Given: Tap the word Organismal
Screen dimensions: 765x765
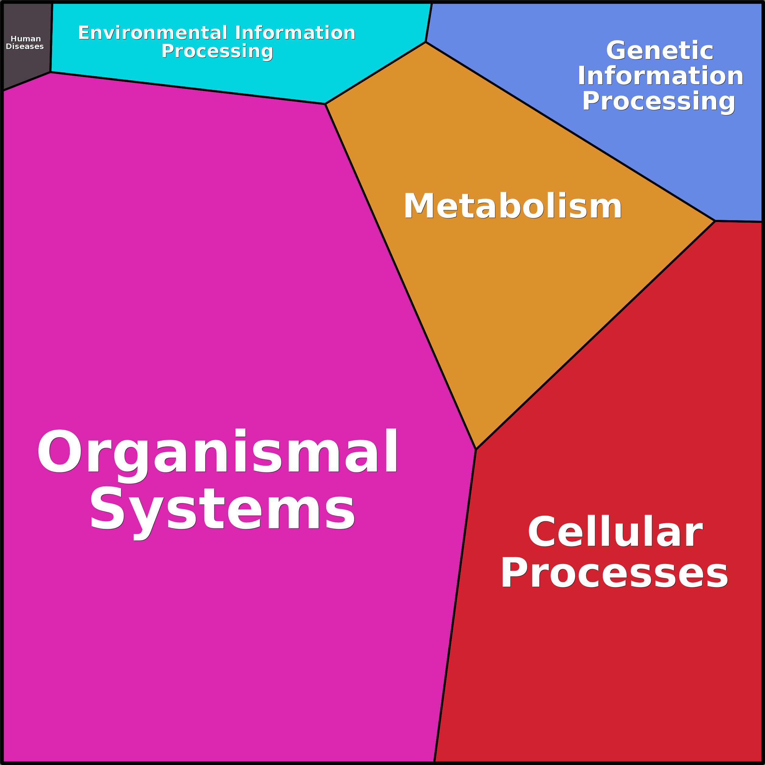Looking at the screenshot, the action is coord(217,455).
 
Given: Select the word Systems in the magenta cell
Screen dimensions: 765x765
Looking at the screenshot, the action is coord(222,513).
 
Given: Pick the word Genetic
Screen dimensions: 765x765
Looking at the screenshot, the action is coord(660,50).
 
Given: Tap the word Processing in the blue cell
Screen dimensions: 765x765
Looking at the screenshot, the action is coord(658,101).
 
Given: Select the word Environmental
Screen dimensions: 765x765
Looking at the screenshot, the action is coord(153,33).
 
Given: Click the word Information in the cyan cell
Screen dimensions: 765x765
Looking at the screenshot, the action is coord(295,33).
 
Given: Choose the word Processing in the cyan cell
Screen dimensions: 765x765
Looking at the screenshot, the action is coord(217,51).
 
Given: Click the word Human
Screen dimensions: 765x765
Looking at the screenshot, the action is coord(25,39).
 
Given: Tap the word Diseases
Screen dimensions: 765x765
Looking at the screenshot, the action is coord(25,46).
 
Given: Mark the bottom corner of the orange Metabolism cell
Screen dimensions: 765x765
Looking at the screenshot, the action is coord(476,450).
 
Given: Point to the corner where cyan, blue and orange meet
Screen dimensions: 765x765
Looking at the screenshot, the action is coord(425,42).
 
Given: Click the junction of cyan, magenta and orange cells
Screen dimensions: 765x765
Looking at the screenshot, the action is coord(325,104).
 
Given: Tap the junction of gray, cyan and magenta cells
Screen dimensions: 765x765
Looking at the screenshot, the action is coord(51,72).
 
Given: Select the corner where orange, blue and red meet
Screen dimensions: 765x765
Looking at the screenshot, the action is coord(715,221).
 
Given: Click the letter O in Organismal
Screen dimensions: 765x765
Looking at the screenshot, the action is coord(60,451).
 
